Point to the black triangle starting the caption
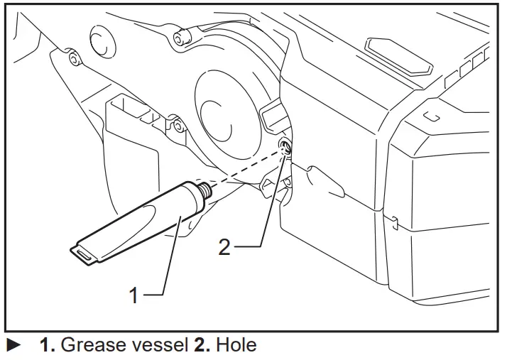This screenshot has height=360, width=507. pos(13,347)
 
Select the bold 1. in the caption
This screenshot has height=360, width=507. pos(47,346)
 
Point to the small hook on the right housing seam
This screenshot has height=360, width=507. pos(393,222)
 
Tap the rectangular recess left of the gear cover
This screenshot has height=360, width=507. pos(131,131)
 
